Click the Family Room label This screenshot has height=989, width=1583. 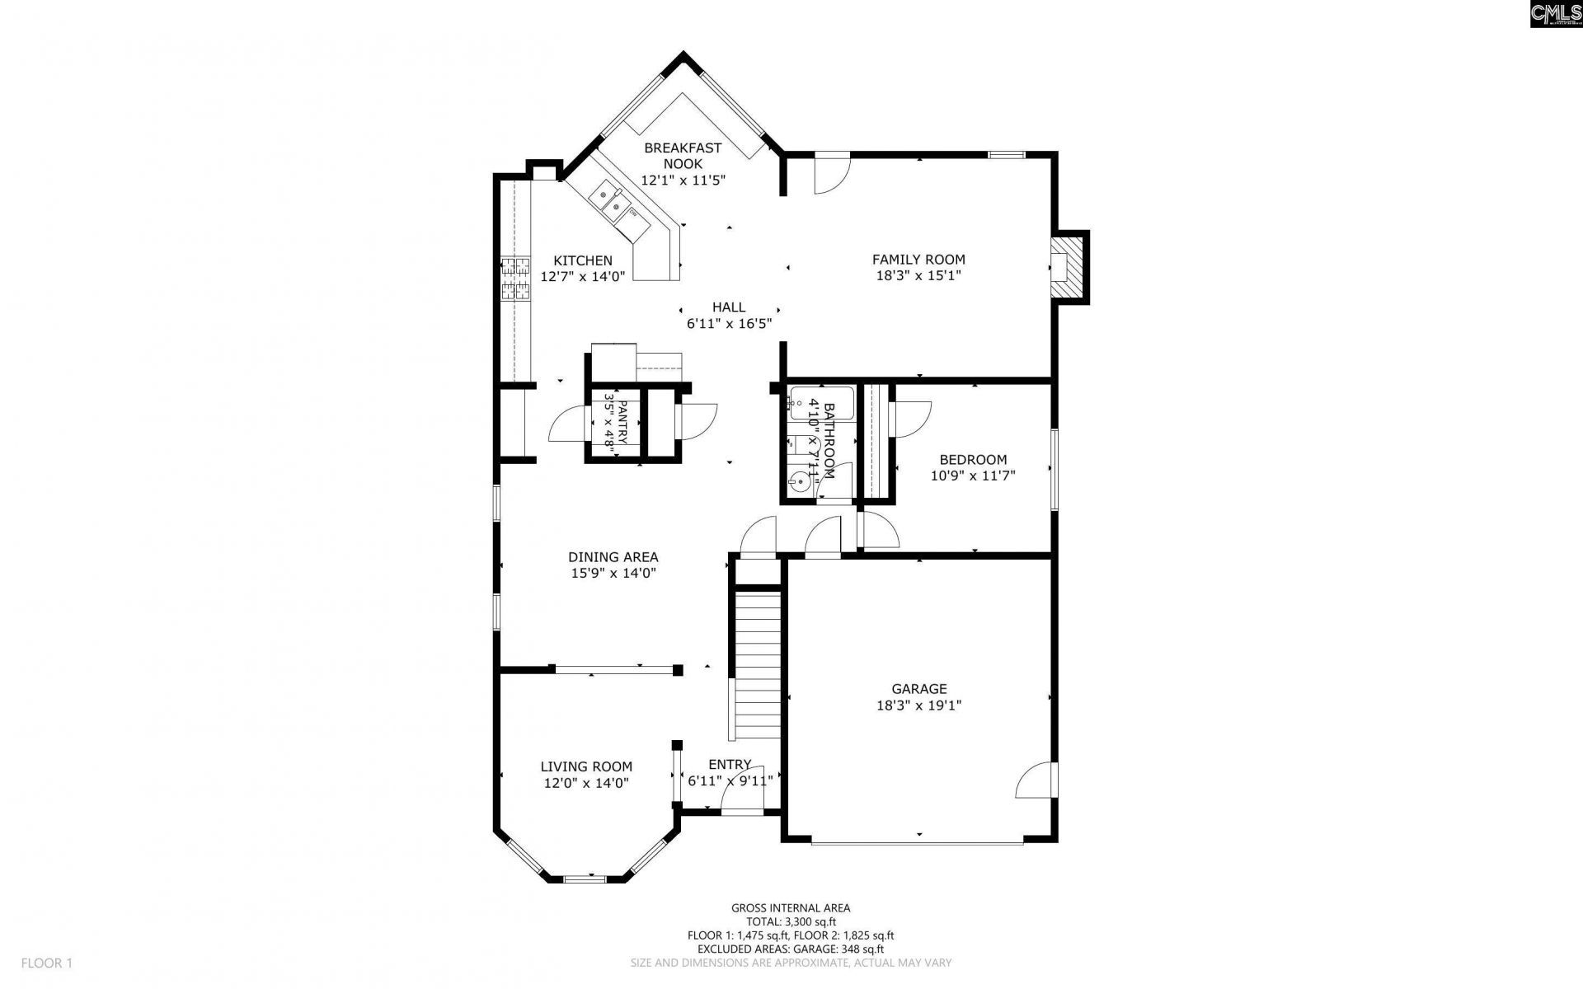[918, 260]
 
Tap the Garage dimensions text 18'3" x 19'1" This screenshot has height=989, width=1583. [918, 705]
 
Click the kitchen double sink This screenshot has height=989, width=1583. [610, 201]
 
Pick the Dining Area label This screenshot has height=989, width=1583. [613, 557]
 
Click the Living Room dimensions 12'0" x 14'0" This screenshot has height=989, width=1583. [586, 783]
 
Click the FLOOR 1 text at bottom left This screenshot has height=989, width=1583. [47, 963]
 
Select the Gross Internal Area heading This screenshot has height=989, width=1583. [790, 908]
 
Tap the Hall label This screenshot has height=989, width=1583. [729, 307]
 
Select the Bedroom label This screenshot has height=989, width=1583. [973, 460]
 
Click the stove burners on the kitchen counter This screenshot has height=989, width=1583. [515, 278]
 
